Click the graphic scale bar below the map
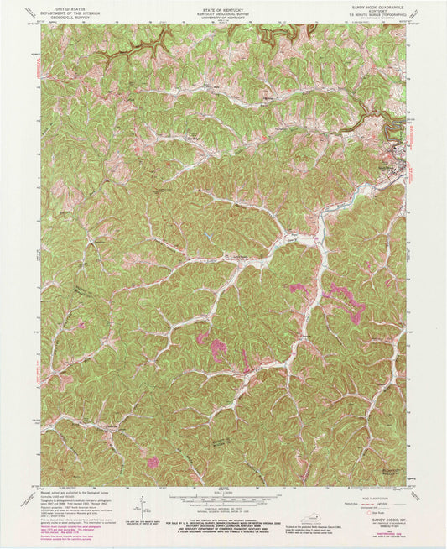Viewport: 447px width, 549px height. [x=223, y=495]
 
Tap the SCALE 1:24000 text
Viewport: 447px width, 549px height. [x=223, y=488]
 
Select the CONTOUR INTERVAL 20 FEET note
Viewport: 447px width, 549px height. [x=223, y=504]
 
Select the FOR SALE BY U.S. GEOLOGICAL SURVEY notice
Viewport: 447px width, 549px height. [x=223, y=514]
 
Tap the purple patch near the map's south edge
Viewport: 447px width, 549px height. [x=153, y=462]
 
